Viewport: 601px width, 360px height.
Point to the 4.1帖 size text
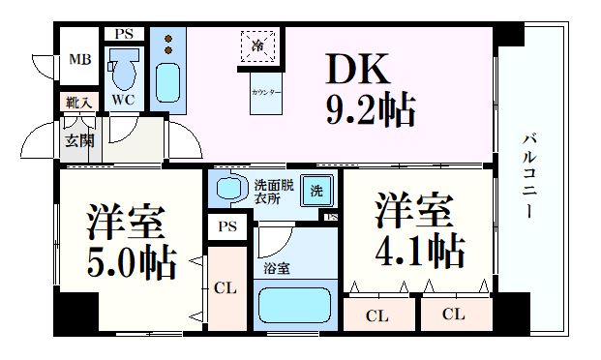[x=418, y=251]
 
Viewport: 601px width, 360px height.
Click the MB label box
[x=78, y=61]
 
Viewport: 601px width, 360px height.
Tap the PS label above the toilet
[x=123, y=34]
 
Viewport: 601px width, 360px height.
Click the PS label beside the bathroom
[x=226, y=227]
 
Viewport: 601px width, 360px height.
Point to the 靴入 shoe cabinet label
[x=78, y=102]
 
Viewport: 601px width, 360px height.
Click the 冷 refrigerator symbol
[x=258, y=45]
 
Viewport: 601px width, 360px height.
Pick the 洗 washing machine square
[x=316, y=191]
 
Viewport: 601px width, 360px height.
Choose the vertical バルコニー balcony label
[x=530, y=174]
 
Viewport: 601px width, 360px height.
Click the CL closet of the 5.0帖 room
[x=225, y=288]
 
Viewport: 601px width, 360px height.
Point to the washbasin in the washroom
[x=229, y=187]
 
